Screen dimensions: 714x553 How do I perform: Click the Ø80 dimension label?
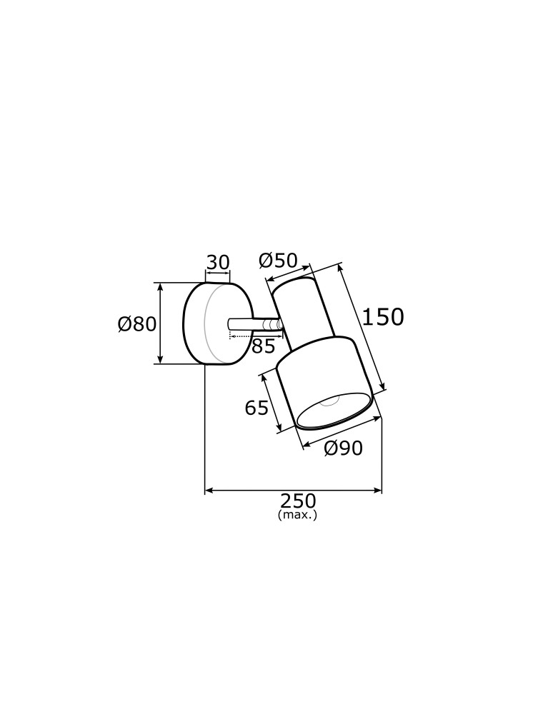click(136, 324)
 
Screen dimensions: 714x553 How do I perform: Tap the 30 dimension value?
click(218, 263)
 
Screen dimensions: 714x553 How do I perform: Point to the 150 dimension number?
click(382, 317)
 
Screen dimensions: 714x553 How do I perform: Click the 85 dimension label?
click(263, 347)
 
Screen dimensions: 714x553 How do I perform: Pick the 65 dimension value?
click(256, 408)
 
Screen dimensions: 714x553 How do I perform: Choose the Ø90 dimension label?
click(343, 448)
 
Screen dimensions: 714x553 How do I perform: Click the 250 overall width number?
click(297, 501)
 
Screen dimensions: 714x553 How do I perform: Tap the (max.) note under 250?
click(297, 515)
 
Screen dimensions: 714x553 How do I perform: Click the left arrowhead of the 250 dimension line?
click(209, 491)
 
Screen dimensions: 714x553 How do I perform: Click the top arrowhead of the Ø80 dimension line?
click(160, 286)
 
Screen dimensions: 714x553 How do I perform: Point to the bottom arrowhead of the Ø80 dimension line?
click(160, 361)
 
